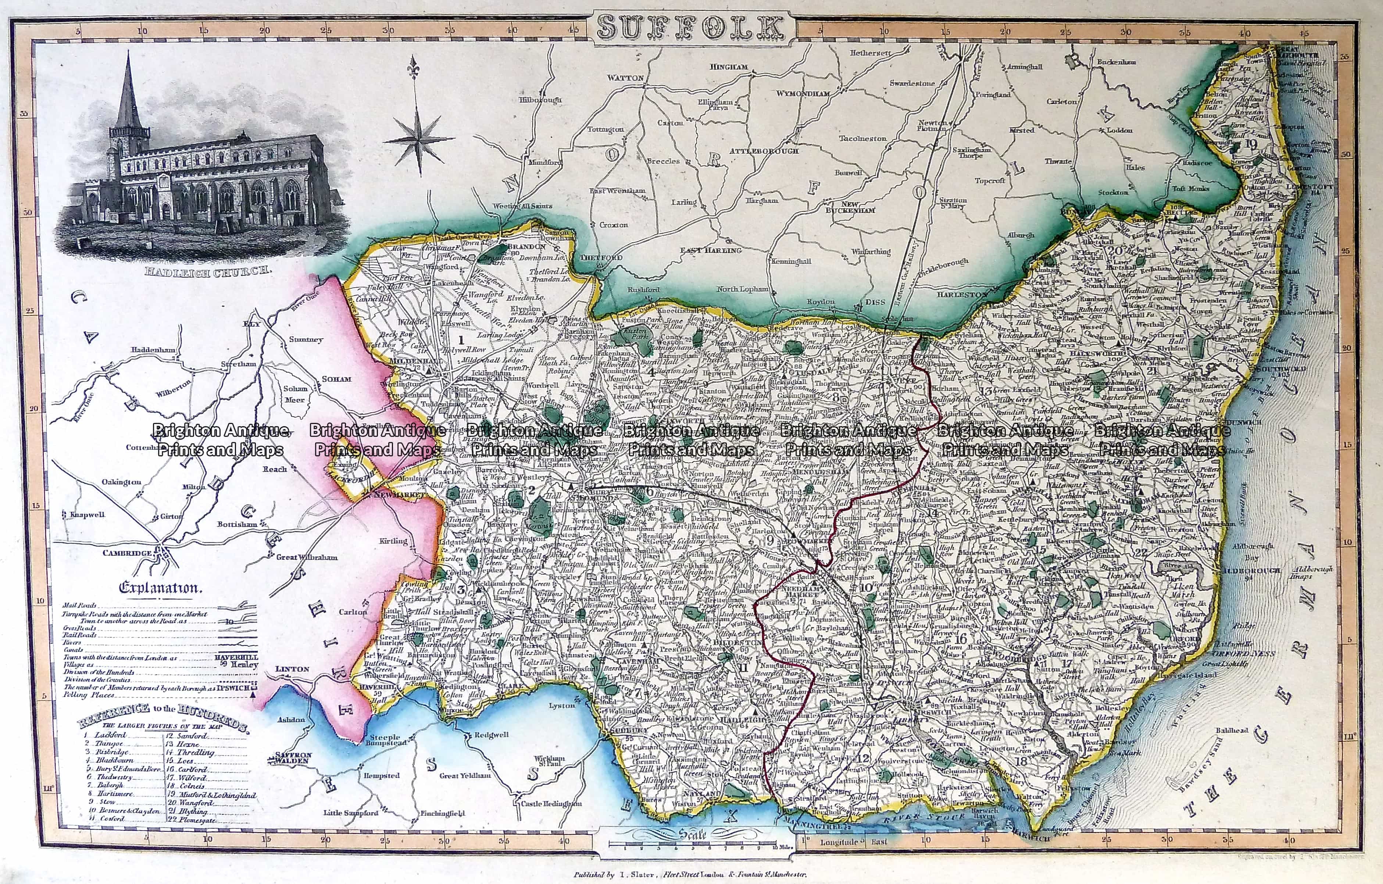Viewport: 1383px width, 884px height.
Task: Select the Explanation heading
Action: (x=160, y=588)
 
